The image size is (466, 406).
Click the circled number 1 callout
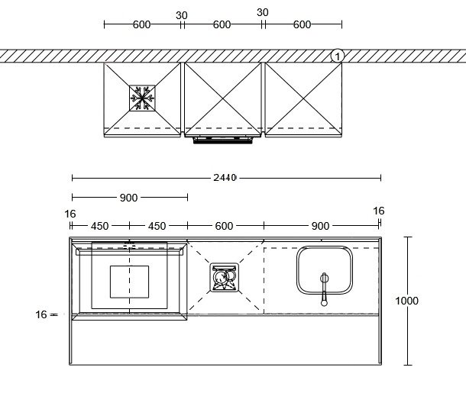click(338, 56)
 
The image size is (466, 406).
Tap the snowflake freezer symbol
click(142, 98)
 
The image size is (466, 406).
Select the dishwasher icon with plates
click(225, 278)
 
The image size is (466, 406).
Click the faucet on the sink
click(324, 289)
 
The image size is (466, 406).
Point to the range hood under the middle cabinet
click(223, 140)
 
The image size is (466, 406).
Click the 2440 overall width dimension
click(225, 178)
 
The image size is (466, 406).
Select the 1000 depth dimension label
click(407, 301)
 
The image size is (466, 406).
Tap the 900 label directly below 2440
click(128, 198)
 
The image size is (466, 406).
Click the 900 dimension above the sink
click(320, 226)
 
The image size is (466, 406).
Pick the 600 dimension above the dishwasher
click(224, 226)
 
